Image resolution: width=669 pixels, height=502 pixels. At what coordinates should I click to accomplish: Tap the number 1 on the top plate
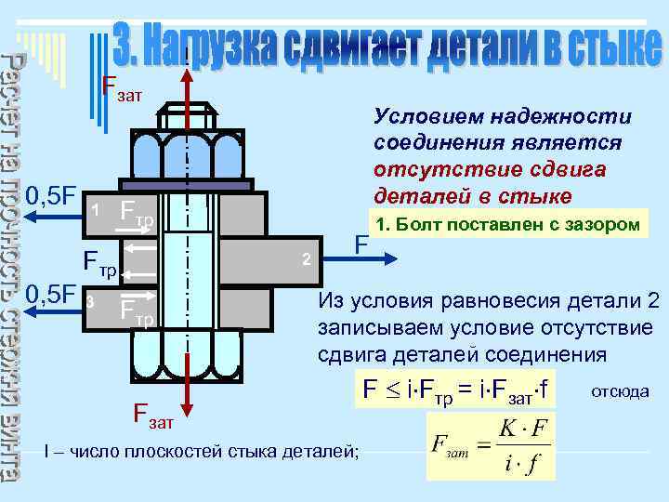(x=95, y=209)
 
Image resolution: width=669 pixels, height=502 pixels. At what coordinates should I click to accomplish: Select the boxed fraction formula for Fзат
(x=491, y=446)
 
